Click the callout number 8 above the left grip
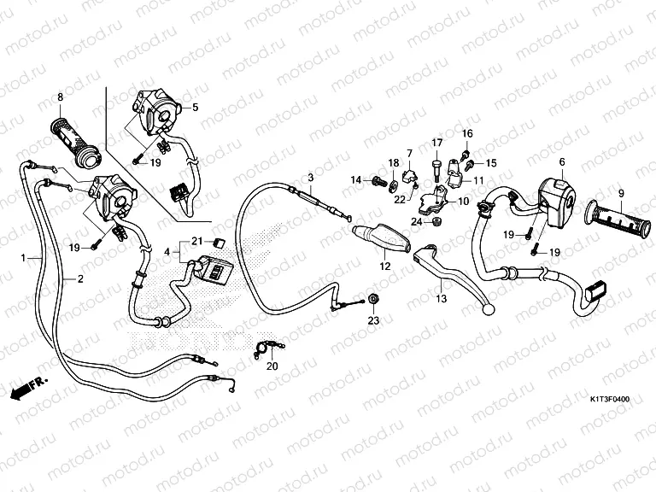(61, 97)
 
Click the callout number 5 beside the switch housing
(196, 108)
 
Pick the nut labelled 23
(373, 299)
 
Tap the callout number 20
(272, 366)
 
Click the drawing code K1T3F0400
(610, 400)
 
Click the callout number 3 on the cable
(310, 178)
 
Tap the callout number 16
(467, 133)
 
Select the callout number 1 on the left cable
(23, 258)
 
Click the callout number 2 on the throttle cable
(80, 279)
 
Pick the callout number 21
(197, 241)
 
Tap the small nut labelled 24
(436, 220)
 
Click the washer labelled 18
(394, 184)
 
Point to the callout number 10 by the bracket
(464, 202)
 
